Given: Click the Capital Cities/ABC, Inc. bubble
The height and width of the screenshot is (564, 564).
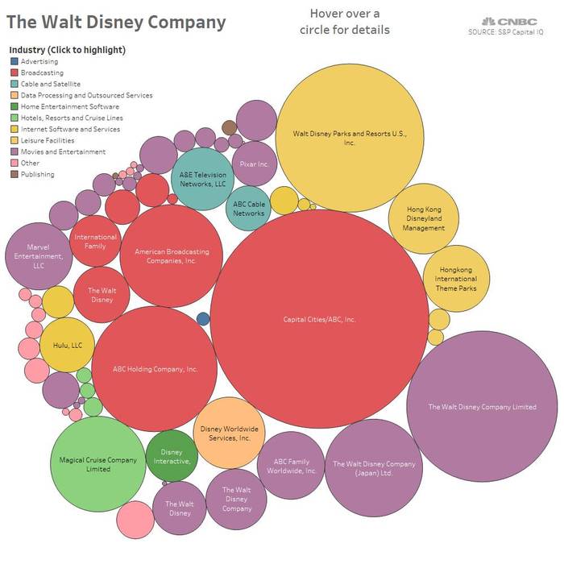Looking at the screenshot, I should click(319, 319).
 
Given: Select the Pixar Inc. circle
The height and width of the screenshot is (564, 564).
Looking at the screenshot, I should click(255, 164).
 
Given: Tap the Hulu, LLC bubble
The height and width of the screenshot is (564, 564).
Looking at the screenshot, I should click(68, 345).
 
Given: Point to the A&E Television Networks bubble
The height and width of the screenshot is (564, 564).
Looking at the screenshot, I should click(203, 179).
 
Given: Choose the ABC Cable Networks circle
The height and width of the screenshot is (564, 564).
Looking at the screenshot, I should click(250, 208).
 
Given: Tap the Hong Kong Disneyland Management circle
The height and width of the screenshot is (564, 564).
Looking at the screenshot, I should click(424, 218).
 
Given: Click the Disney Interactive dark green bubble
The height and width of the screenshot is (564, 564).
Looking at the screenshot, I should click(172, 457).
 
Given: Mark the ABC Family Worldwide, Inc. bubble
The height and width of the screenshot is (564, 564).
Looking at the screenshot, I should click(292, 466).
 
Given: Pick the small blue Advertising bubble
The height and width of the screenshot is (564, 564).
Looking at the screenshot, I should click(204, 319).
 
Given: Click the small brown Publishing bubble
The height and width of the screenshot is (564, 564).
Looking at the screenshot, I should click(229, 127).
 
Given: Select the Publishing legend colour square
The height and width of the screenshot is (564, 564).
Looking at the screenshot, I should click(15, 174).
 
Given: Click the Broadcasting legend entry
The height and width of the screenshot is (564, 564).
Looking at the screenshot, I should click(42, 73).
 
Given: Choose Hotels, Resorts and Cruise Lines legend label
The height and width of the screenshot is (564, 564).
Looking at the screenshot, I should click(70, 118).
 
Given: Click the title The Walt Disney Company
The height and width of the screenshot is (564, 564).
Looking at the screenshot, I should click(117, 22).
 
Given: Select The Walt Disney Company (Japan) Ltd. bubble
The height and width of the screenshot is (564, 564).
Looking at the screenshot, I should click(375, 468).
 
